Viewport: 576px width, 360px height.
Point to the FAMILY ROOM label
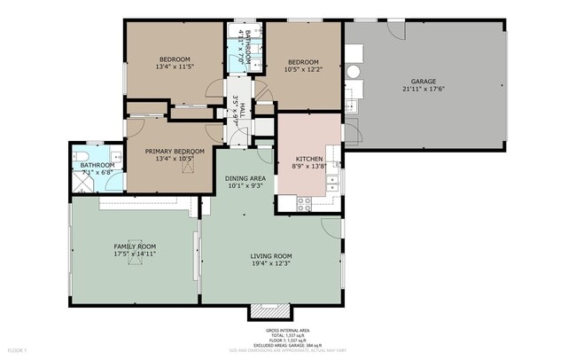pos(134,246)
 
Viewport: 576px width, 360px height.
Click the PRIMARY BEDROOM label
pos(175,152)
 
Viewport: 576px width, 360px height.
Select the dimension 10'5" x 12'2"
pos(302,68)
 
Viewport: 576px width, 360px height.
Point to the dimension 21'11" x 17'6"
pos(423,88)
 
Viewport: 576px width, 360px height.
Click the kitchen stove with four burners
pos(304,201)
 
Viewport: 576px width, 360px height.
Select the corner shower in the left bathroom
pos(82,183)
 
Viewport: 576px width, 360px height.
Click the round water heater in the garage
pos(353,72)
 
